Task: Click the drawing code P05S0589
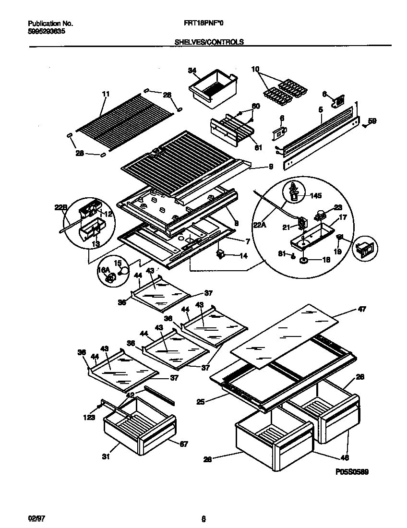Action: [x=351, y=472]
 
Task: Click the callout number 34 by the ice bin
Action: [x=192, y=71]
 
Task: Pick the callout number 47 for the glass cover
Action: [x=361, y=310]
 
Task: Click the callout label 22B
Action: [x=60, y=207]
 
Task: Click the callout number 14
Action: [x=243, y=256]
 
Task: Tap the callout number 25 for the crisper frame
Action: [x=200, y=401]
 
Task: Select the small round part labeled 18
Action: [x=304, y=260]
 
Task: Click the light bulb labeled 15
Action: [x=124, y=271]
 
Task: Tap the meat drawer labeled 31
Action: [x=139, y=427]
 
